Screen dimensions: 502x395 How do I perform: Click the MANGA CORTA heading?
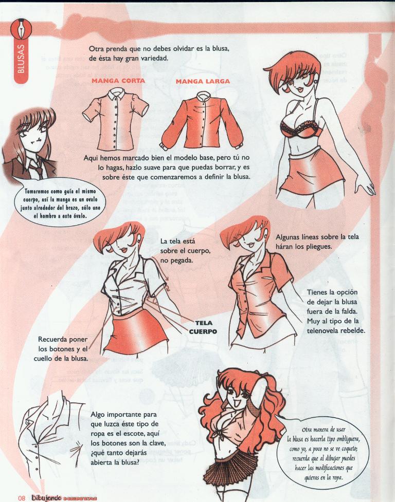(118, 81)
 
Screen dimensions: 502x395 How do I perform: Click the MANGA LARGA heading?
(202, 81)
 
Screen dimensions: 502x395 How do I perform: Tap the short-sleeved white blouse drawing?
(116, 116)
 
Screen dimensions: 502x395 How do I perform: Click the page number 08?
(22, 497)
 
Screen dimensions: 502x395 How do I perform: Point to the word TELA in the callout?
(204, 323)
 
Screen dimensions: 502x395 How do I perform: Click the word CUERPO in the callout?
(202, 331)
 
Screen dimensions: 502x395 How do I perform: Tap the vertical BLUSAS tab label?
(21, 60)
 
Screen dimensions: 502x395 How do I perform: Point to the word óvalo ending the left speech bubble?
(78, 216)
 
